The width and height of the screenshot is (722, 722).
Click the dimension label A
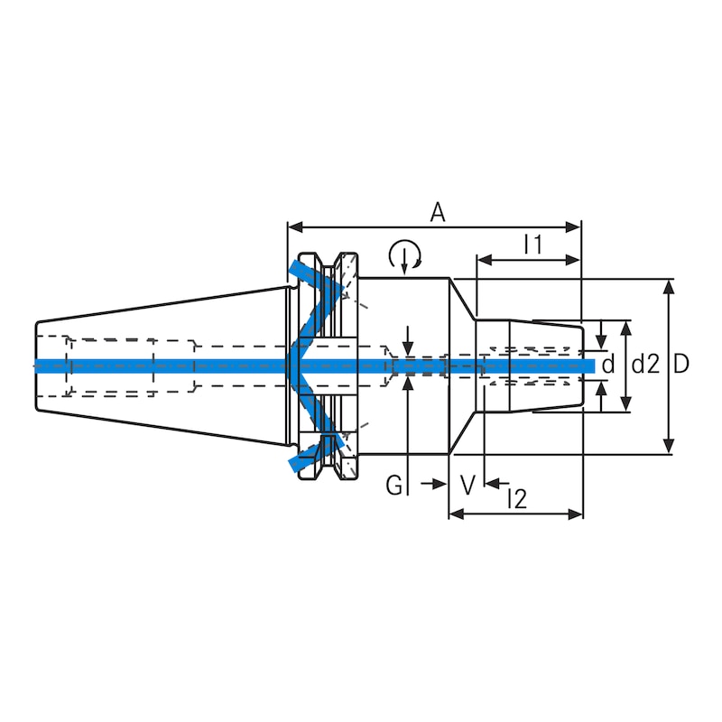(x=438, y=212)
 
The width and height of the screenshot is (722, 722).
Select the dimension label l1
(x=532, y=244)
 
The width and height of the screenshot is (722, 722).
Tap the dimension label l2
(x=516, y=498)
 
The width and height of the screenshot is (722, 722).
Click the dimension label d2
(x=644, y=365)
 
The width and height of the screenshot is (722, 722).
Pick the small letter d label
(x=607, y=365)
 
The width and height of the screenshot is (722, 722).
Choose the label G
(x=394, y=486)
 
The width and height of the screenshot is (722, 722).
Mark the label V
(x=467, y=486)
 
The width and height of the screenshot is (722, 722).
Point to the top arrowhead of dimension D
(x=668, y=286)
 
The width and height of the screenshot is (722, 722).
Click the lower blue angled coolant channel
(x=316, y=442)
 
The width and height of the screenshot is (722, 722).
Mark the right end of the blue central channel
(x=591, y=365)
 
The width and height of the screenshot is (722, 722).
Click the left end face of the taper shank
(x=36, y=366)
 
